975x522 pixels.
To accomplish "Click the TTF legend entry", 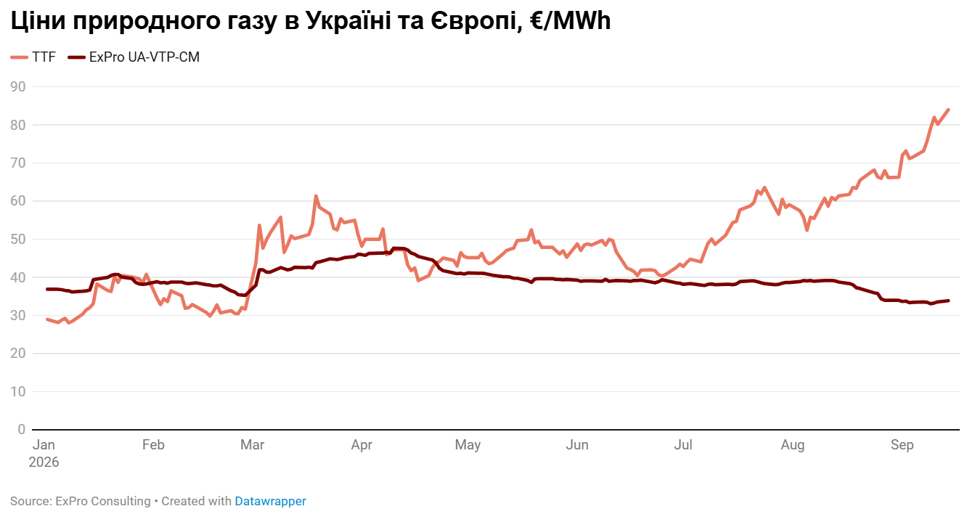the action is tap(33, 57).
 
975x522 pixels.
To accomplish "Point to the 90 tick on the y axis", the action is tap(18, 86).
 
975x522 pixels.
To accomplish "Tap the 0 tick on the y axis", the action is tap(21, 429).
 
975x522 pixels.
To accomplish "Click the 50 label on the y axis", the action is tap(18, 239).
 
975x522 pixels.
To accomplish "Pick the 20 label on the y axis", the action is tap(18, 353).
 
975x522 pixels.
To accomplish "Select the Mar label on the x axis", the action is tap(253, 444).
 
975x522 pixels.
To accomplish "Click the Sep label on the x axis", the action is tap(902, 444).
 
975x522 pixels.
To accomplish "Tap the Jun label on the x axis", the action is tap(577, 444).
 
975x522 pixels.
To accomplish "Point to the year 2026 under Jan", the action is tap(44, 462).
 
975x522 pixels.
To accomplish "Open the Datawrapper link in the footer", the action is tap(270, 501).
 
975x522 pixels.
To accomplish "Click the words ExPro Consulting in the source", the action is tap(102, 501).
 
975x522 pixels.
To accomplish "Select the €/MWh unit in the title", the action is tap(571, 20).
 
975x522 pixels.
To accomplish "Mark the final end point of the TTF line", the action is tap(948, 110).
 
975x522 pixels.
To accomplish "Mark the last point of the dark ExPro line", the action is tap(948, 301).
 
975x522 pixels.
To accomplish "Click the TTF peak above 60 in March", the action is tap(316, 196).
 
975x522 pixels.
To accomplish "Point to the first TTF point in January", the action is tap(47, 319).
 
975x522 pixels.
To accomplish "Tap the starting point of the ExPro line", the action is tap(47, 289).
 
